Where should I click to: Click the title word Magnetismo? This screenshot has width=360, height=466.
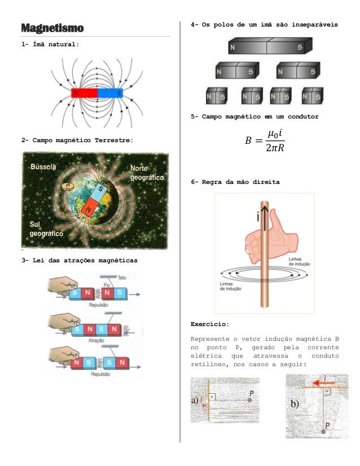coord(52,28)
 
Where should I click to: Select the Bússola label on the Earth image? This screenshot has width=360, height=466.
coord(43,167)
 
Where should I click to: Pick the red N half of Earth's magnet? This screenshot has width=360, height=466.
coord(89,210)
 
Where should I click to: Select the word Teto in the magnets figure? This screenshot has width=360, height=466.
coord(122,278)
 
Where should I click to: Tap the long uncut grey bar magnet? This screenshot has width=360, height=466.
coord(270,46)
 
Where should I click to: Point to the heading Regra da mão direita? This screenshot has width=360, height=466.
coord(235,183)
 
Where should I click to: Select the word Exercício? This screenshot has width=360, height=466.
coord(209,324)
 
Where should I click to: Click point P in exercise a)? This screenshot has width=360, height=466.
coord(249,399)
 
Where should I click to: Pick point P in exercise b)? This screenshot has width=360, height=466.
coord(323,430)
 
